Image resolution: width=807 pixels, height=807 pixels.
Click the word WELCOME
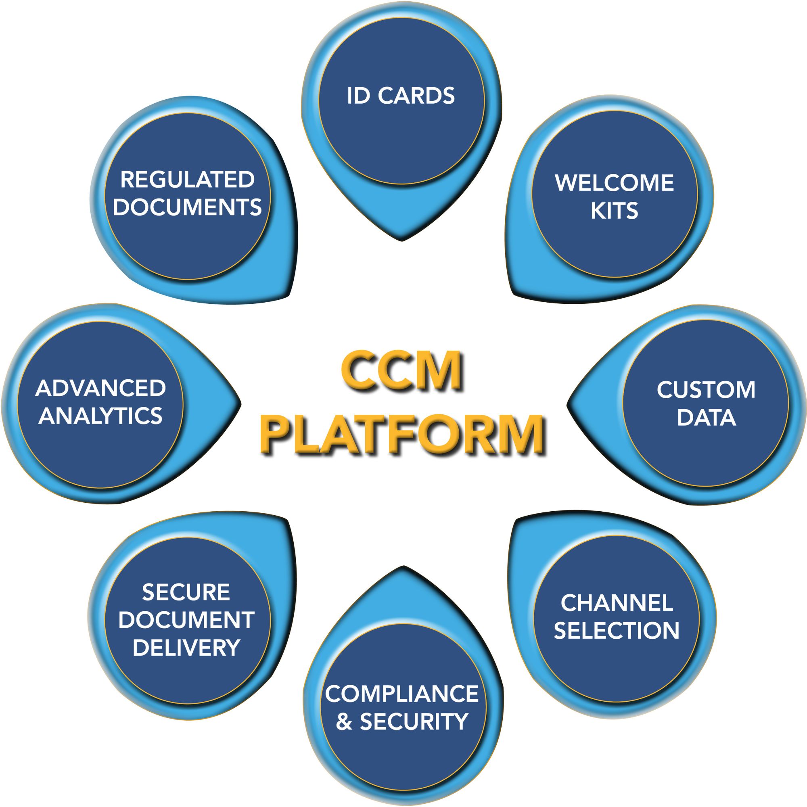[x=615, y=183]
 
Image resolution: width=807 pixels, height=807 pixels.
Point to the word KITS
[x=615, y=211]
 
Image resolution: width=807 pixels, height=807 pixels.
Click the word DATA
[x=706, y=417]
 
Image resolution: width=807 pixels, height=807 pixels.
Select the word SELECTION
[x=617, y=630]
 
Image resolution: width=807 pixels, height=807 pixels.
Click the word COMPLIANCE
[x=401, y=694]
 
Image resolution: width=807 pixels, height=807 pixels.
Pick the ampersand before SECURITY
[x=344, y=722]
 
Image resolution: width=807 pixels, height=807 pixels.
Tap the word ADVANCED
[x=100, y=388]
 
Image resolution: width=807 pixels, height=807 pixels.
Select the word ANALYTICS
[x=100, y=416]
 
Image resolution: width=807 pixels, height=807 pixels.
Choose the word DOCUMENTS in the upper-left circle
[x=187, y=207]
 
